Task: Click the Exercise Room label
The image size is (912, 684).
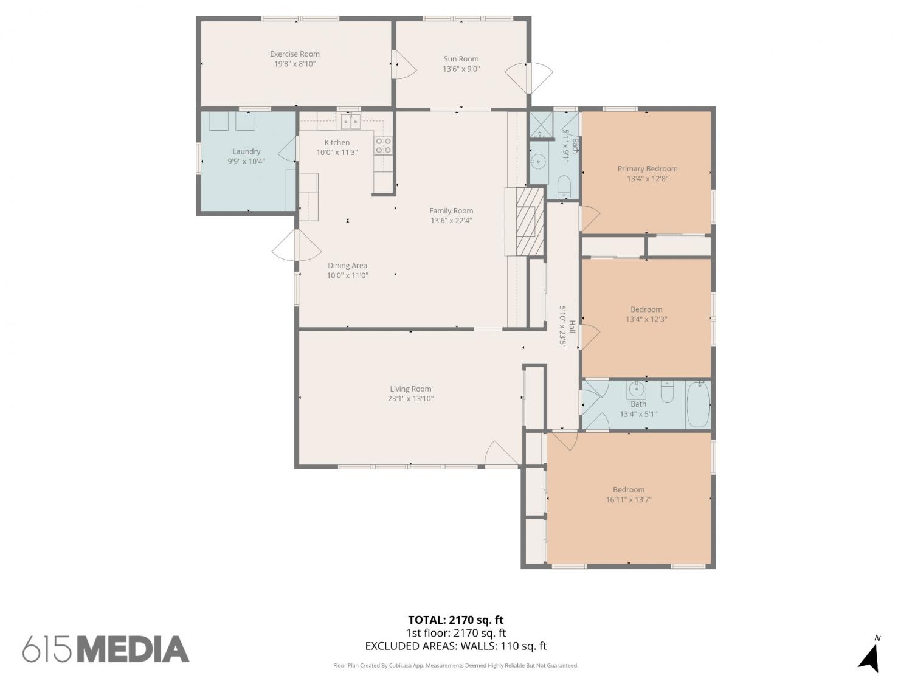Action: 295,54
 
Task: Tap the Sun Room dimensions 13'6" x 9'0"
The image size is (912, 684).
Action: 461,69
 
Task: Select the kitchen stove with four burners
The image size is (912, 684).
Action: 383,146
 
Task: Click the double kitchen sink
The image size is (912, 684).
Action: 351,122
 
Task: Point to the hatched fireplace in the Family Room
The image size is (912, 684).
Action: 530,222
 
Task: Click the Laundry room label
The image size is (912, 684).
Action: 246,151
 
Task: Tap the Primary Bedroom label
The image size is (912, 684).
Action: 648,168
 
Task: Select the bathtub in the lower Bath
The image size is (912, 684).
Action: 697,404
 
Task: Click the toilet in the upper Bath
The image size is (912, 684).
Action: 564,186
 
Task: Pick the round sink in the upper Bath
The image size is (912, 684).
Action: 538,159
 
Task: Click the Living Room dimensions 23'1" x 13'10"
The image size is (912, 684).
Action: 410,399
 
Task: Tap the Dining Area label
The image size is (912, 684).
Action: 347,265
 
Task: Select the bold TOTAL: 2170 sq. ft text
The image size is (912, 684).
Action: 456,620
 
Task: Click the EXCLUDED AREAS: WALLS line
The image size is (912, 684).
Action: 456,646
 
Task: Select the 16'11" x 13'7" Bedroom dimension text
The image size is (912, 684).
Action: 629,500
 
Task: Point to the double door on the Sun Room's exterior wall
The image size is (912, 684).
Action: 528,78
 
